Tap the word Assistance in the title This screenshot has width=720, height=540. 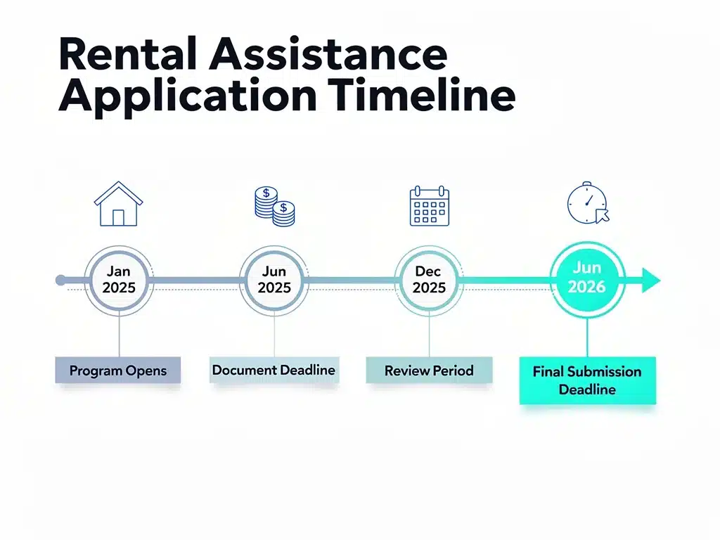328,53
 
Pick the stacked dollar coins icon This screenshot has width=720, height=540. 275,206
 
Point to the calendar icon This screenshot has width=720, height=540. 430,206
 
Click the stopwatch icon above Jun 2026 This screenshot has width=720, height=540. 589,203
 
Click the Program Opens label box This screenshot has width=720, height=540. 118,370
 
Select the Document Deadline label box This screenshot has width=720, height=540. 274,370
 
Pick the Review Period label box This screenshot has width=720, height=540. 430,370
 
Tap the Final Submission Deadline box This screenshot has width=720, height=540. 588,380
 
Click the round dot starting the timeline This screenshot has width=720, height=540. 60,280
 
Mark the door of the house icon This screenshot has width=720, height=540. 118,217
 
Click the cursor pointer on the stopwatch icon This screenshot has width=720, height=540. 602,215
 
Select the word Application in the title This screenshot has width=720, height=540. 188,96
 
